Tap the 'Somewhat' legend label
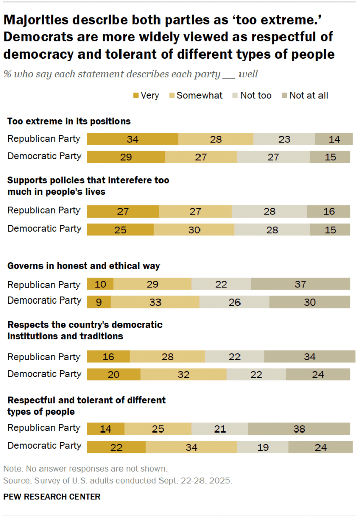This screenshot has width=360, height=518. pyautogui.click(x=199, y=95)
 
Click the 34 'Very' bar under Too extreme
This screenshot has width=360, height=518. pyautogui.click(x=132, y=139)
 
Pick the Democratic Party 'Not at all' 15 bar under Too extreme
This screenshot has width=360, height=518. pyautogui.click(x=330, y=156)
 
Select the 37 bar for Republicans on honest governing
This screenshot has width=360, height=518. pyautogui.click(x=300, y=284)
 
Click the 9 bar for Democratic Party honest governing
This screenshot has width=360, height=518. pyautogui.click(x=99, y=301)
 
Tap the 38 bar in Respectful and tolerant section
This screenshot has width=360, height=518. pyautogui.click(x=299, y=428)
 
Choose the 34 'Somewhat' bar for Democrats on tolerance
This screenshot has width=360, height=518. pyautogui.click(x=191, y=447)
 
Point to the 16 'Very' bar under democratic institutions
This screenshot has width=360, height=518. pyautogui.click(x=108, y=357)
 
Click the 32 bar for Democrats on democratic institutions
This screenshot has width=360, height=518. pyautogui.click(x=183, y=374)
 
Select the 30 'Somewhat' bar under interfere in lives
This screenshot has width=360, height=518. pyautogui.click(x=194, y=229)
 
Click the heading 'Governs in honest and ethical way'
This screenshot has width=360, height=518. pyautogui.click(x=84, y=266)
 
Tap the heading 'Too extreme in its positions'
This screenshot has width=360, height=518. pyautogui.click(x=69, y=121)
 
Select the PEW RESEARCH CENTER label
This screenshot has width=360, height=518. pyautogui.click(x=52, y=497)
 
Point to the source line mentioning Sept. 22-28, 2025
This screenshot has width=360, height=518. pyautogui.click(x=117, y=480)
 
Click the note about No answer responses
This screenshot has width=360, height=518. pyautogui.click(x=85, y=468)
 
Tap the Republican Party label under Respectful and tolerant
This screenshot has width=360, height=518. pyautogui.click(x=44, y=428)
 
